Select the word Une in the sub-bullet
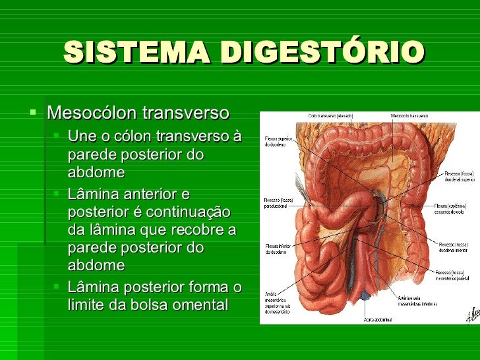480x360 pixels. point(82,137)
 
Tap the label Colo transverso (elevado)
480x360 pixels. point(330,116)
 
